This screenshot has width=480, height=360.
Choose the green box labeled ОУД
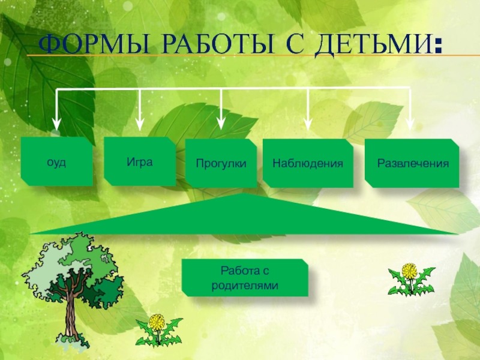(57, 162)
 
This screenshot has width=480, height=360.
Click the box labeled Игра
(140, 161)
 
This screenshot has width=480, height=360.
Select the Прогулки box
(221, 163)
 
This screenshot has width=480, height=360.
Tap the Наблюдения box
(308, 163)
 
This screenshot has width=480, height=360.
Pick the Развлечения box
(412, 163)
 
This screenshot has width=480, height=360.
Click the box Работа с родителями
(245, 278)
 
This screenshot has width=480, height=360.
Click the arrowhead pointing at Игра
(139, 124)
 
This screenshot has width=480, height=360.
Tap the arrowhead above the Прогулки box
(221, 124)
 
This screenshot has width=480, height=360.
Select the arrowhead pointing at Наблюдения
(308, 124)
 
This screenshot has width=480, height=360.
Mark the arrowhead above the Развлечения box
(411, 124)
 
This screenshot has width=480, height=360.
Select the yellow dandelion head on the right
(409, 271)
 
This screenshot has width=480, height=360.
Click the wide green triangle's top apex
(242, 194)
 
